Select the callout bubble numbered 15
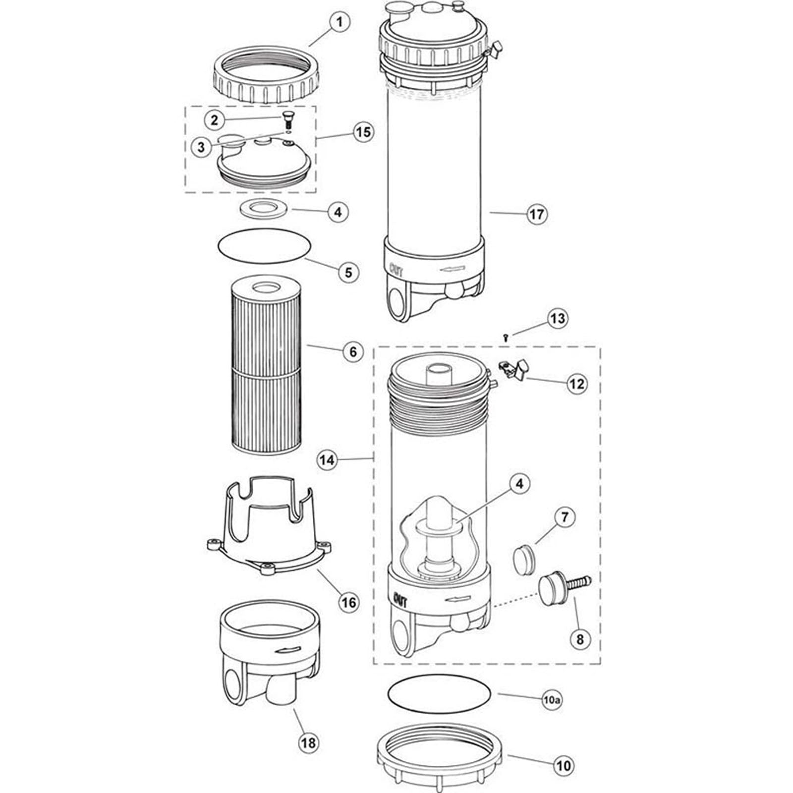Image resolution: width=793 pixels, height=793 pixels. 363,132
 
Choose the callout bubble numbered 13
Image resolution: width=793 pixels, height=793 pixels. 558,318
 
